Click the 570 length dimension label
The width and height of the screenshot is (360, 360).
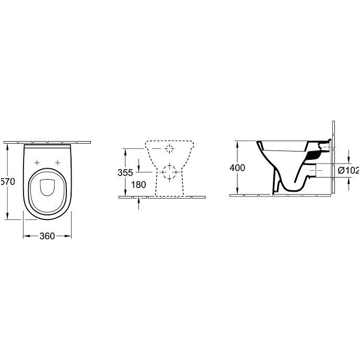click(8, 182)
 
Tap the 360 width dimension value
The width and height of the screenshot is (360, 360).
click(47, 236)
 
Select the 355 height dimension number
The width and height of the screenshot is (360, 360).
click(125, 172)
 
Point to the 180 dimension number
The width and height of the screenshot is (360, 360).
click(138, 184)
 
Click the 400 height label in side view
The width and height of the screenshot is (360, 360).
click(237, 168)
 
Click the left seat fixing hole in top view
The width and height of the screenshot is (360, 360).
click(37, 162)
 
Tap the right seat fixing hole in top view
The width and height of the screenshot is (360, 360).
click(57, 162)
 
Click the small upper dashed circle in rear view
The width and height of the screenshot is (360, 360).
click(169, 149)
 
